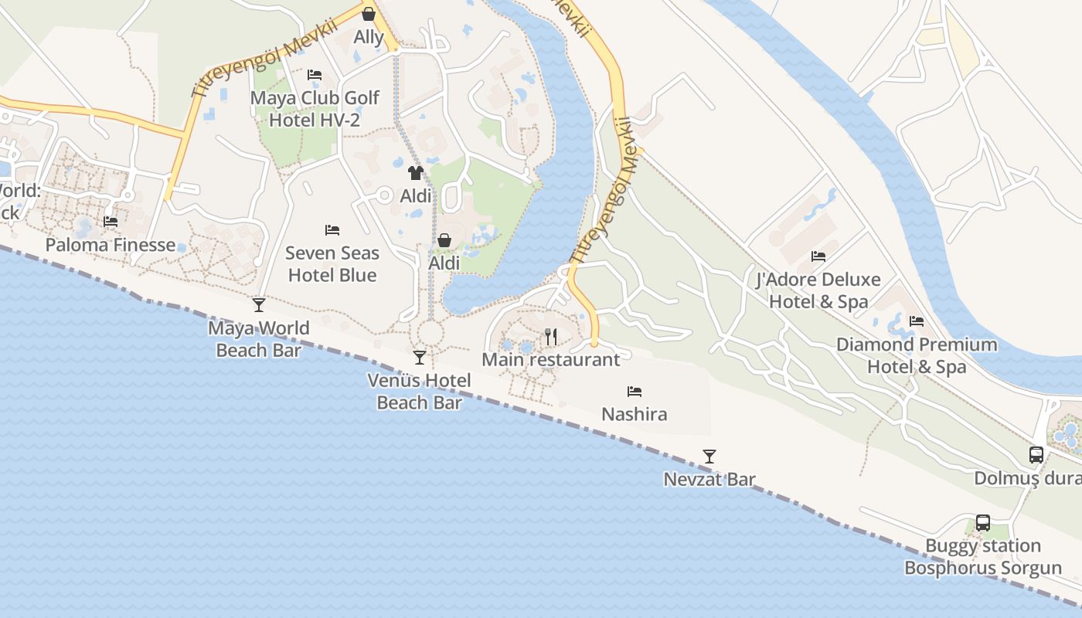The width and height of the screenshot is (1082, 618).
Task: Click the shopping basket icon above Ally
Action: (x=369, y=14)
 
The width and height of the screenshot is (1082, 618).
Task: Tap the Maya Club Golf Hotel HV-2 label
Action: (x=315, y=109)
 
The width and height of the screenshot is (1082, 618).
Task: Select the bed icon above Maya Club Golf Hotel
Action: (x=315, y=75)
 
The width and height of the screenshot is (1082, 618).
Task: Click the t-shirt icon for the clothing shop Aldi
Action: (x=416, y=172)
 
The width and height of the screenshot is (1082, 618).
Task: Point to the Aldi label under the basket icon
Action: (x=444, y=263)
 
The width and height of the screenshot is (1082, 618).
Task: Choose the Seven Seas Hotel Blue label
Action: (x=332, y=263)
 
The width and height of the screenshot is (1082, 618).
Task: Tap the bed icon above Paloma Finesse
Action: (x=111, y=222)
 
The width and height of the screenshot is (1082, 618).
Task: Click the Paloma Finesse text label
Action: (x=111, y=245)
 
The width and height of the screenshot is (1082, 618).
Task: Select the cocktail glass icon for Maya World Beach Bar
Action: (x=259, y=305)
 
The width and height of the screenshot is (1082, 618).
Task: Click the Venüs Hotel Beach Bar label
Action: (x=419, y=391)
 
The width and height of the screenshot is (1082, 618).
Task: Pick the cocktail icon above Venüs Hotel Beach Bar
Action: (x=420, y=358)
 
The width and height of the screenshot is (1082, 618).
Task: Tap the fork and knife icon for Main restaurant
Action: (x=551, y=336)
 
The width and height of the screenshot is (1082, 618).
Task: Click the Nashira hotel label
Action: (x=635, y=414)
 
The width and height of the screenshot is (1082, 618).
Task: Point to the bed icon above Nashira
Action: (x=635, y=392)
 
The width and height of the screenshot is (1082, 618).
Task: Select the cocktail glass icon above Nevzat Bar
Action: (x=709, y=457)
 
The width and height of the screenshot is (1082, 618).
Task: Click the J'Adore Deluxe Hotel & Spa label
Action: (x=818, y=290)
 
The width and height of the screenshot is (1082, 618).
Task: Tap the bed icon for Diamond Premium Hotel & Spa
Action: (x=917, y=321)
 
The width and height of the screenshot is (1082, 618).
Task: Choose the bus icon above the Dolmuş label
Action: (x=1036, y=455)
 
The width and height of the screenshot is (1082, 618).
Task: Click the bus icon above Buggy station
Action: (x=983, y=523)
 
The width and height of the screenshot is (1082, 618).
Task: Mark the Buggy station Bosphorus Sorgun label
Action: (x=983, y=557)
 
